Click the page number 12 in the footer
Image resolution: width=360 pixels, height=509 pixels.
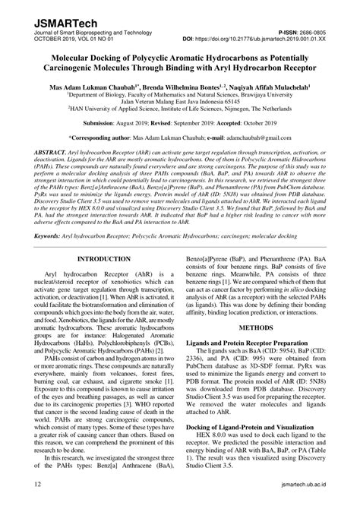click(28, 501)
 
